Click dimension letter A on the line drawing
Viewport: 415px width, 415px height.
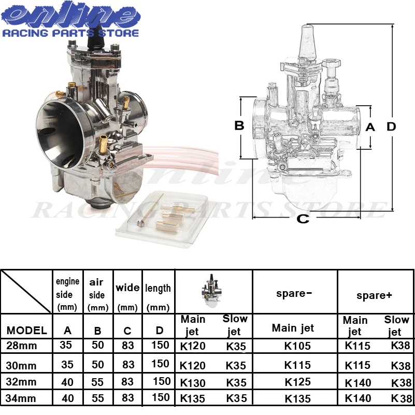[370, 127]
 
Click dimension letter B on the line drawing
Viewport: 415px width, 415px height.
[239, 125]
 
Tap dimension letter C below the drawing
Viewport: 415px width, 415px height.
[303, 219]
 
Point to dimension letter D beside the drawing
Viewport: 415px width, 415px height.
[391, 126]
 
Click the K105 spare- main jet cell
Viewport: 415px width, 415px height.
[297, 346]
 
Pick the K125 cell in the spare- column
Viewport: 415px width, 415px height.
[297, 382]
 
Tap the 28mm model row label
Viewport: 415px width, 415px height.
[21, 346]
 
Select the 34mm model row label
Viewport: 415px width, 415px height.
[21, 398]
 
